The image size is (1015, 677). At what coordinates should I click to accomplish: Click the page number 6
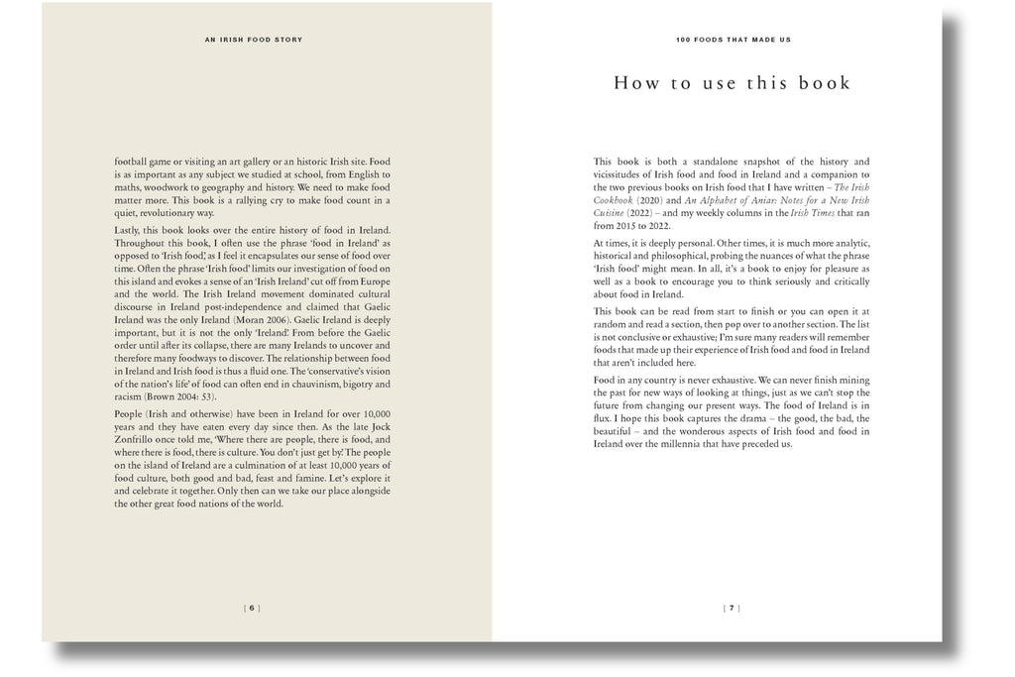(252, 608)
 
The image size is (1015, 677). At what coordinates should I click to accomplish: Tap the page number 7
(732, 608)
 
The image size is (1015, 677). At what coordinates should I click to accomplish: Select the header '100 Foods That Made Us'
(732, 40)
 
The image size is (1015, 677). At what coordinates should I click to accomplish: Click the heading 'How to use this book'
(732, 83)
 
